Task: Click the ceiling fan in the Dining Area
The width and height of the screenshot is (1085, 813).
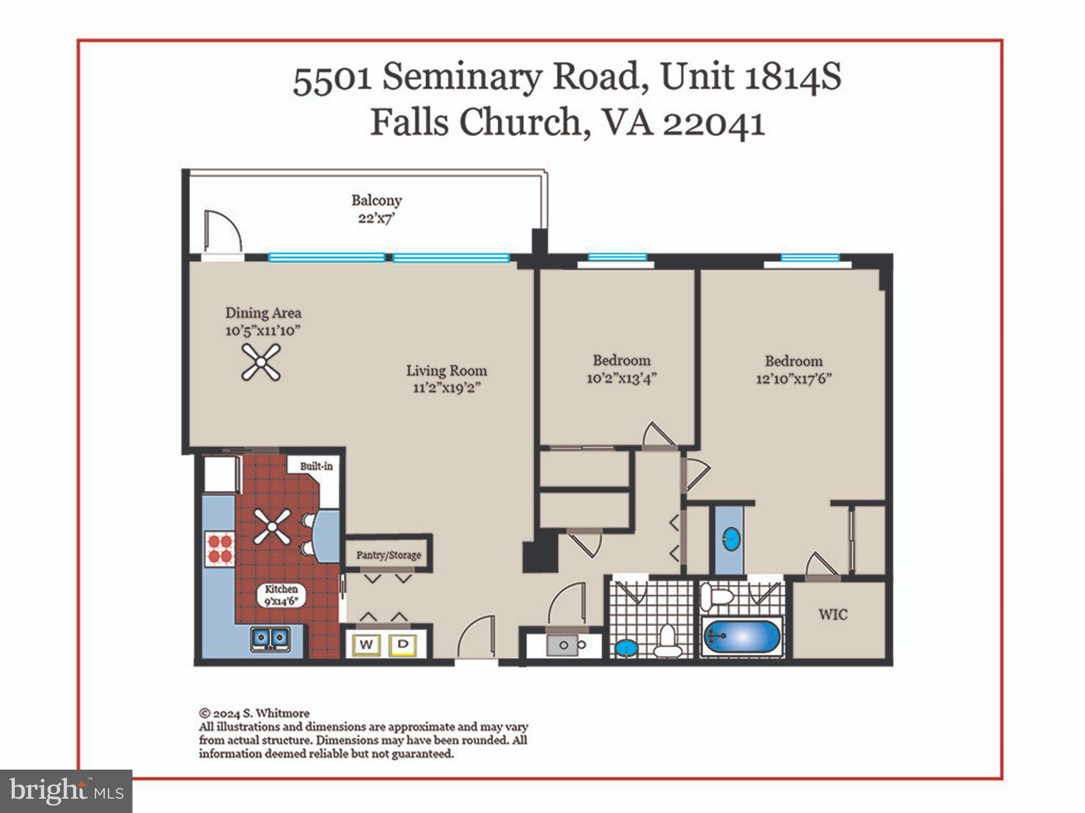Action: (x=261, y=362)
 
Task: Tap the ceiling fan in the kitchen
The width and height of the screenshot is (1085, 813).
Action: (x=272, y=527)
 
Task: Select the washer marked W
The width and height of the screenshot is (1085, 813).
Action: (x=366, y=644)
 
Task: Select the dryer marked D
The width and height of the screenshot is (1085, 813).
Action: (x=403, y=644)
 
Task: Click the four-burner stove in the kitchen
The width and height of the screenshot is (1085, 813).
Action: (x=219, y=548)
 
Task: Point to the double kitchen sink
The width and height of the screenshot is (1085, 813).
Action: (x=270, y=638)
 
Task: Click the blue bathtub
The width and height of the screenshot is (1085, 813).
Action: (x=741, y=637)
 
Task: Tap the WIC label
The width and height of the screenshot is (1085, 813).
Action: (x=833, y=615)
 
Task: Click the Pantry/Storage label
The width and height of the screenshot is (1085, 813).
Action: (x=388, y=555)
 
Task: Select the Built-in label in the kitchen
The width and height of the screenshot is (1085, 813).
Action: (x=316, y=466)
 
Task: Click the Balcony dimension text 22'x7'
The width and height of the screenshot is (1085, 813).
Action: (x=377, y=218)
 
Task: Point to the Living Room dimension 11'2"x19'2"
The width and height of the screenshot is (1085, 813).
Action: (x=447, y=388)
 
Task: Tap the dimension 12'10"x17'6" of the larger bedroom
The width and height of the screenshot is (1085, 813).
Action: (x=793, y=379)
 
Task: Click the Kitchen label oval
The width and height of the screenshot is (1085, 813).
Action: (x=281, y=594)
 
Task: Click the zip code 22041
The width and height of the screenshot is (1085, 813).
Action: (x=714, y=123)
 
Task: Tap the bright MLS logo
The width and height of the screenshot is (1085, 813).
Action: (x=66, y=791)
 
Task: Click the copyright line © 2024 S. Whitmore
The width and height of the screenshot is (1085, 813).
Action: (x=254, y=713)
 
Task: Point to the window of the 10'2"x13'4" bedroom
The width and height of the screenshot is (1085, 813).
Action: (x=617, y=258)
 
